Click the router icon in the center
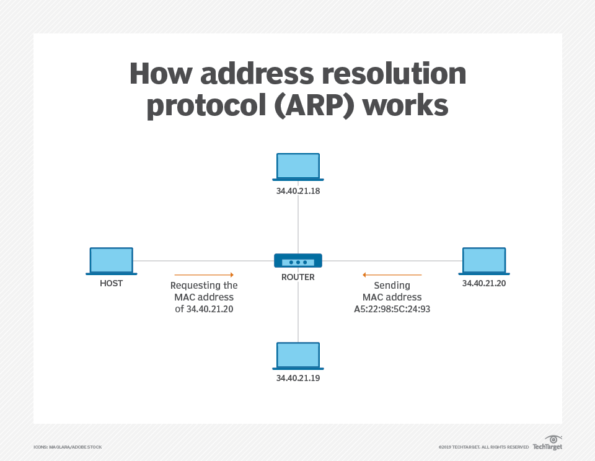[297, 261]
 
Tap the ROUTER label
[298, 278]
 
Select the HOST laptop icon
[112, 261]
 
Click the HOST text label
[112, 283]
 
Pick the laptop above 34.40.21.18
[298, 167]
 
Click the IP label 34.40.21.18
[298, 191]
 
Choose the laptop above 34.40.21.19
[298, 356]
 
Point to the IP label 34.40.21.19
[298, 377]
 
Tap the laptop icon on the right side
[484, 261]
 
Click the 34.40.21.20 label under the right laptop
[484, 283]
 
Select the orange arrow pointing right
[204, 274]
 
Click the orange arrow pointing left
[392, 274]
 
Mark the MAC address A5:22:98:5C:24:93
[392, 308]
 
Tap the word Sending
[392, 286]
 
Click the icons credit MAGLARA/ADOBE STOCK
[68, 447]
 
